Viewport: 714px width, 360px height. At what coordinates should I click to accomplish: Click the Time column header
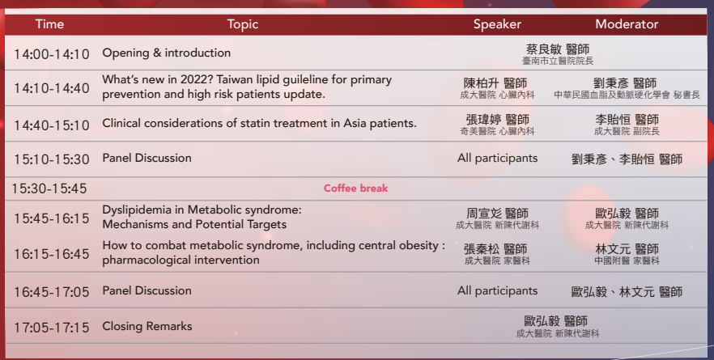click(x=49, y=24)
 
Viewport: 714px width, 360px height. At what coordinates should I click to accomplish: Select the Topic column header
click(x=243, y=24)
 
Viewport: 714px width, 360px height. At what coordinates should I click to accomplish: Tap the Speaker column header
click(x=497, y=24)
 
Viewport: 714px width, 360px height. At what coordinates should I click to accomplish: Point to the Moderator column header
click(x=627, y=24)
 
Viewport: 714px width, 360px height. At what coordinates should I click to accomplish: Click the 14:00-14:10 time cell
click(x=52, y=54)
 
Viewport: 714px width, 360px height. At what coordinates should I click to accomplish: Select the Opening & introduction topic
click(x=166, y=53)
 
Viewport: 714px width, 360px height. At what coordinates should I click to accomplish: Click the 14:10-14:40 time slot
click(x=52, y=88)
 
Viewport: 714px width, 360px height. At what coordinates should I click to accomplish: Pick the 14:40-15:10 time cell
click(x=52, y=125)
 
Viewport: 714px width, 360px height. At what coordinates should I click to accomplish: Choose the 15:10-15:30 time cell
click(x=52, y=159)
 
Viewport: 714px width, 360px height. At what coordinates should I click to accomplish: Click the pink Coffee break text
click(x=355, y=188)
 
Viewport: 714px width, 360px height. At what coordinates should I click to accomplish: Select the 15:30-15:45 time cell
click(x=49, y=188)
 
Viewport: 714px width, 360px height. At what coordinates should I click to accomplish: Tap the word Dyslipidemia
click(x=143, y=210)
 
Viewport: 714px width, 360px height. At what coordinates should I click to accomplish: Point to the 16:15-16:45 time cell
click(x=52, y=254)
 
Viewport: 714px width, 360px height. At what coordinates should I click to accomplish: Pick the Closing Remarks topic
click(x=147, y=326)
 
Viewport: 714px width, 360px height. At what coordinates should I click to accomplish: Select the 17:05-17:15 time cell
click(x=52, y=328)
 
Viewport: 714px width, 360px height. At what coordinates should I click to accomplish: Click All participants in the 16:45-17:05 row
click(x=497, y=291)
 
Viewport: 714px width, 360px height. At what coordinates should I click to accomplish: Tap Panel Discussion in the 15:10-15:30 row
click(x=147, y=158)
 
